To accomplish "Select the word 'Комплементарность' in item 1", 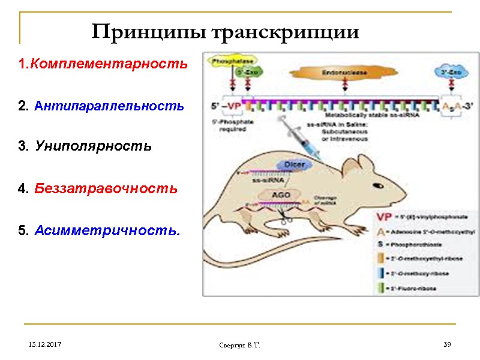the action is point(109,63).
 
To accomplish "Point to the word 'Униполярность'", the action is point(93,146).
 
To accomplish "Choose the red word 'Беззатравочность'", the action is point(106,188).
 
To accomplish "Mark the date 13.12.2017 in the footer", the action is point(43,345).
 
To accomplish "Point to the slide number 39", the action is point(446,344).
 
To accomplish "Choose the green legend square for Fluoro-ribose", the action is point(380,288).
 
